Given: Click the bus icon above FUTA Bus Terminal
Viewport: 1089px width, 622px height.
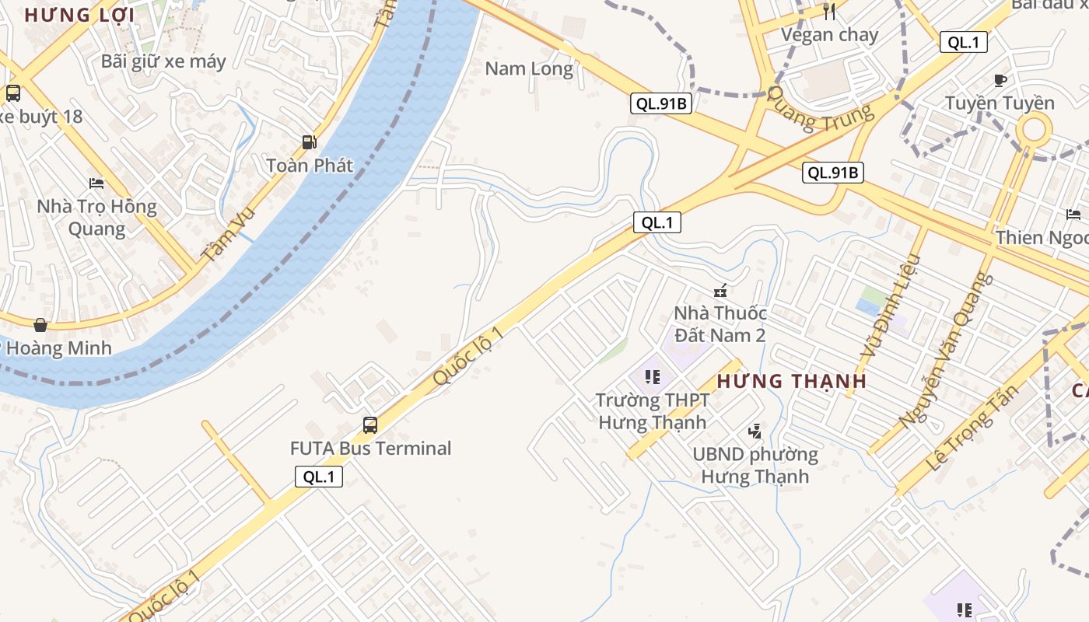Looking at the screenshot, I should [370, 425].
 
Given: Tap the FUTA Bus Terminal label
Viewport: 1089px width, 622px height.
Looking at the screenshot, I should [370, 449].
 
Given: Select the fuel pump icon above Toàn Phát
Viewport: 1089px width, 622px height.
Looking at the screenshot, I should [310, 142].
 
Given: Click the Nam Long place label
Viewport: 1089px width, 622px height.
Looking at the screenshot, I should [529, 68].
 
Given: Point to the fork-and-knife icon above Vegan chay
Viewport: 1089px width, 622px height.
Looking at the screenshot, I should [829, 12].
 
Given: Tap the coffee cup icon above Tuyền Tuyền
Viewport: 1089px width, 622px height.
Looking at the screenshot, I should [1000, 80].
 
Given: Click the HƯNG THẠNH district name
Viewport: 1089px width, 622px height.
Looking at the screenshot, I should [791, 381].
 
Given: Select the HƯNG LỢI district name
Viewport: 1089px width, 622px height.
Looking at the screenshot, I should [79, 15].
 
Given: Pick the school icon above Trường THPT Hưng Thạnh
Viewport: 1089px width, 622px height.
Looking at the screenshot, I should [653, 378].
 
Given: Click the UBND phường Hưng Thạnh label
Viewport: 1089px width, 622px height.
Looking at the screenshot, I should [755, 465].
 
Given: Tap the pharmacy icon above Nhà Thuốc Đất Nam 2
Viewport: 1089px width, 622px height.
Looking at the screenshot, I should [720, 292].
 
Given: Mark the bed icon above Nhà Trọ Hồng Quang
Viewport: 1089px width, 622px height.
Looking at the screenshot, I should [96, 183].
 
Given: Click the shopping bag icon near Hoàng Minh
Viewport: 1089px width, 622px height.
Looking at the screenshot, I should [40, 324].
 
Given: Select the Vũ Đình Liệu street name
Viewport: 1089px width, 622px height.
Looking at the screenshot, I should [889, 307].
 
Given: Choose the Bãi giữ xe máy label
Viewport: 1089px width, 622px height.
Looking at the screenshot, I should [163, 61].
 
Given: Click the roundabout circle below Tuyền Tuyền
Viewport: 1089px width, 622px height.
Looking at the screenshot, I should [1034, 129].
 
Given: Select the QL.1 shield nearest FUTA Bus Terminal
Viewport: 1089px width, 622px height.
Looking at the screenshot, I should [319, 477].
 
